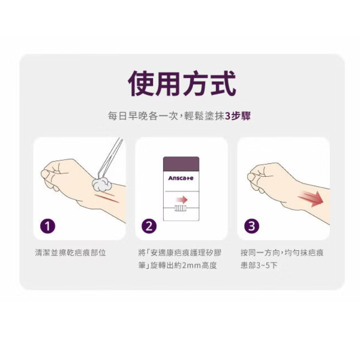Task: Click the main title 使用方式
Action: click(182, 83)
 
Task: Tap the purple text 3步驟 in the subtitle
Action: click(238, 116)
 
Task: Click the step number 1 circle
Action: click(48, 226)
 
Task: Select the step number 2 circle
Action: click(149, 226)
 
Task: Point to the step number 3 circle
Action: click(252, 226)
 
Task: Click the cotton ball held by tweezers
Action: click(102, 184)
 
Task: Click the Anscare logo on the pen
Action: click(181, 178)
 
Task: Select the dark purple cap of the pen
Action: click(181, 164)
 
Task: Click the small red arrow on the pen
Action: click(182, 200)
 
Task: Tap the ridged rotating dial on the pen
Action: click(181, 208)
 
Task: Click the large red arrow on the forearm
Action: click(311, 198)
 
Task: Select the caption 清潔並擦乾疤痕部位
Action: click(71, 253)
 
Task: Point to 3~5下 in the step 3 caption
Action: click(267, 265)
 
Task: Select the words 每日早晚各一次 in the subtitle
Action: click(143, 116)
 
